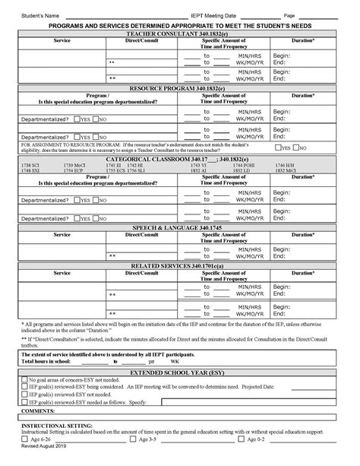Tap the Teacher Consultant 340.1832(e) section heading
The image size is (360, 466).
tap(180, 34)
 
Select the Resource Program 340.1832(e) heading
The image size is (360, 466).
tap(180, 88)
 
